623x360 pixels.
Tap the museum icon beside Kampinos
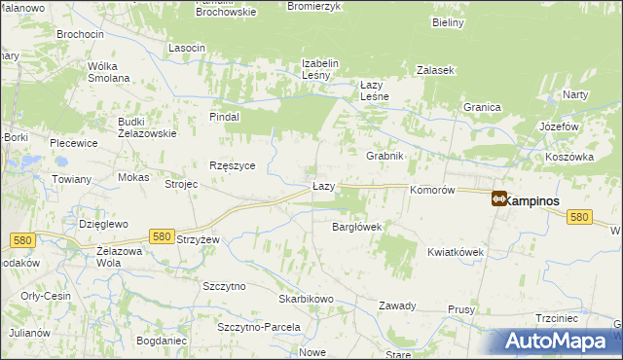click(498, 199)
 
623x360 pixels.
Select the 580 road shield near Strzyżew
click(162, 235)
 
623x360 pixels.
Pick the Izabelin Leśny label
click(319, 70)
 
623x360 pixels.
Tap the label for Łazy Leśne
click(375, 90)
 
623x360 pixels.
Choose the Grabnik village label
click(385, 156)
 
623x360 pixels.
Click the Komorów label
click(433, 191)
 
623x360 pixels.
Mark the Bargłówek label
click(356, 227)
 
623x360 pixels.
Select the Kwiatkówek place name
click(456, 252)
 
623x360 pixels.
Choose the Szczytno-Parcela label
click(259, 327)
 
